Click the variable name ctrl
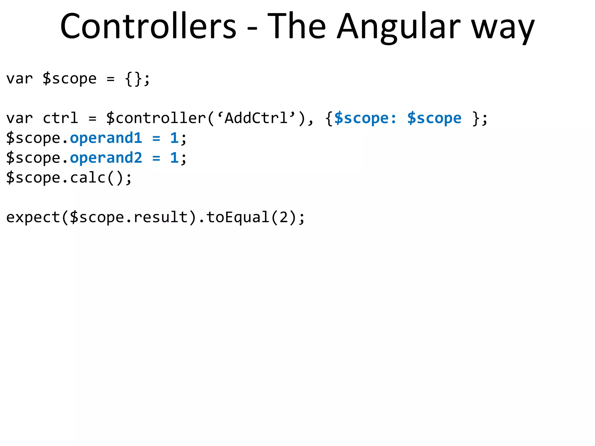[x=60, y=118]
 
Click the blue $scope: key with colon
[x=365, y=118]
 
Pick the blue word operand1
[x=106, y=138]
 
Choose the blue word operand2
[x=106, y=158]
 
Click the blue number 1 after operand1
[x=174, y=138]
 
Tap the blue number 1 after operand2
[x=174, y=158]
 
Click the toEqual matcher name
[x=238, y=217]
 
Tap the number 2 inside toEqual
[x=284, y=217]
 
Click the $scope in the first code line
[x=69, y=79]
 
